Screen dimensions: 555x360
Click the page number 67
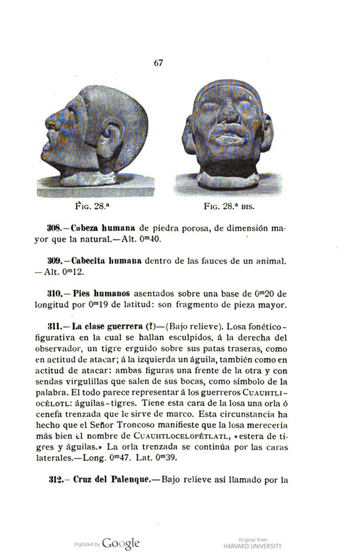click(158, 63)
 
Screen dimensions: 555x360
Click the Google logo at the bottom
click(121, 543)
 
